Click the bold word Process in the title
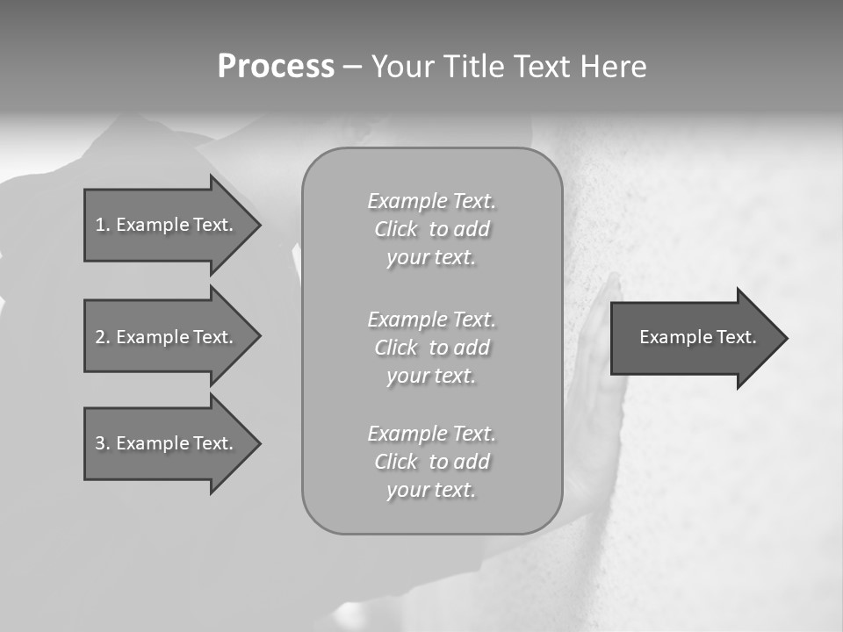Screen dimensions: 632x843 tap(276, 67)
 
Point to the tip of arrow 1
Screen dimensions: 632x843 tap(258, 225)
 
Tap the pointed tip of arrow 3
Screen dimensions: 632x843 tap(258, 443)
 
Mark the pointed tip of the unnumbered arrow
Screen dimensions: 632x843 tap(785, 338)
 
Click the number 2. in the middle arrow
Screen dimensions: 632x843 tap(102, 337)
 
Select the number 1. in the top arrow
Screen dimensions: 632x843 tap(102, 225)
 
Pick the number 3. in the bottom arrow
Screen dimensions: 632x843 tap(102, 443)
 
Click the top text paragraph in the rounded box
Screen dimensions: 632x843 tap(431, 229)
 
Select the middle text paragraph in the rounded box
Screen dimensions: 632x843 tap(431, 348)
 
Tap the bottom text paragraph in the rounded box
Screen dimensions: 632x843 tap(431, 462)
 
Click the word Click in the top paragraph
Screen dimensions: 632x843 tap(396, 230)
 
